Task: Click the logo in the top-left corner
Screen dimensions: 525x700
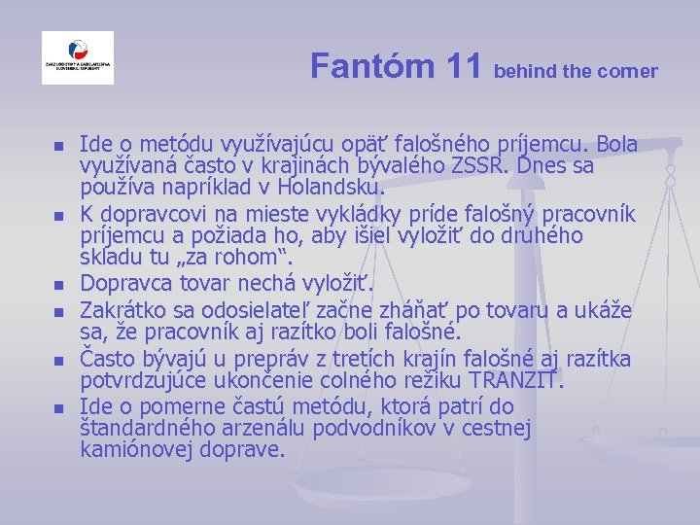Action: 77,58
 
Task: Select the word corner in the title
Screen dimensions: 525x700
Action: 630,71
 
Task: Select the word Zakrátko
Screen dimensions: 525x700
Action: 123,311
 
